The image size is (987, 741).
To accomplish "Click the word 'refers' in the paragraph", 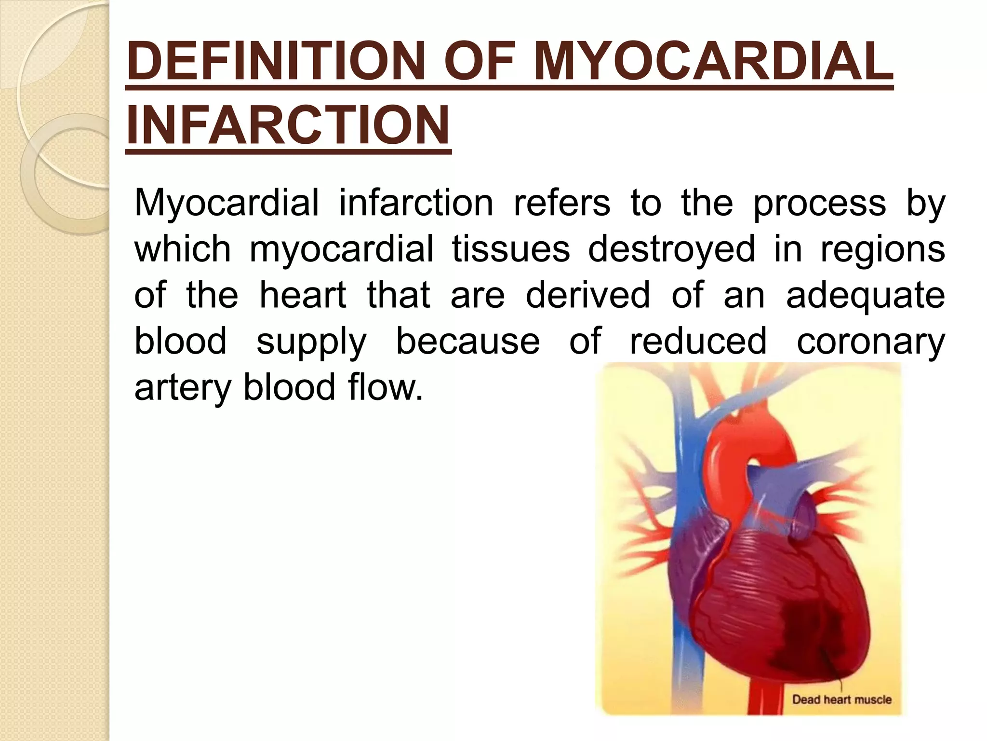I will (562, 203).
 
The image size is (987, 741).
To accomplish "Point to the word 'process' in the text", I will (819, 203).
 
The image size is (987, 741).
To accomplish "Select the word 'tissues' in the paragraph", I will (510, 249).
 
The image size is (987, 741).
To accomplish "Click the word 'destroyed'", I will (671, 249).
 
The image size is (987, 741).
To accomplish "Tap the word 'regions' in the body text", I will (882, 249).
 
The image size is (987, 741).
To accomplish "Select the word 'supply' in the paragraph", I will (311, 342).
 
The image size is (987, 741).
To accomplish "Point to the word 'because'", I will (467, 341).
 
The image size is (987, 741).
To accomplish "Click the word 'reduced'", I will (698, 341).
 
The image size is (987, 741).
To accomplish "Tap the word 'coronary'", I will (870, 342).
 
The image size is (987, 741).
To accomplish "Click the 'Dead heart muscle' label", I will (841, 699).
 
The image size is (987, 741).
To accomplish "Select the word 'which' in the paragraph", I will (183, 249).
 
